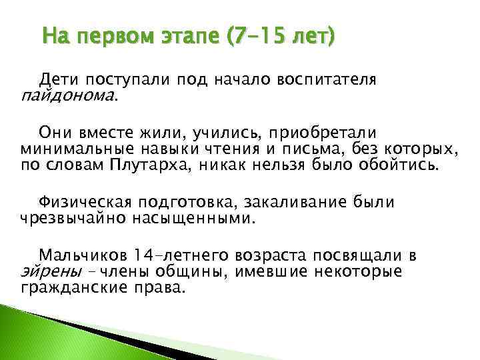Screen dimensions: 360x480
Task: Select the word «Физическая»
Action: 83,201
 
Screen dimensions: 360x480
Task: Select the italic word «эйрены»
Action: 43,272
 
